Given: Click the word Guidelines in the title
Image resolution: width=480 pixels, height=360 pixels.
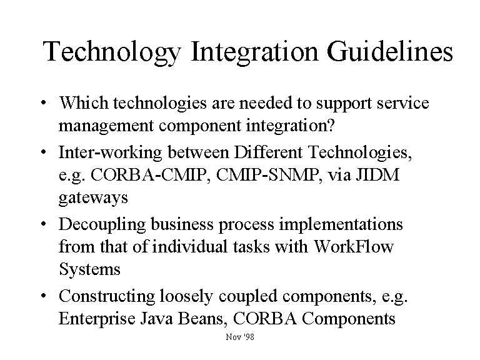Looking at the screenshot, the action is click(390, 51).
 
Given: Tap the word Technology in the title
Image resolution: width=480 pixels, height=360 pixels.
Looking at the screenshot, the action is click(112, 53).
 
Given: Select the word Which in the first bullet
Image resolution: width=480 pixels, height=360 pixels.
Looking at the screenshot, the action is click(84, 102).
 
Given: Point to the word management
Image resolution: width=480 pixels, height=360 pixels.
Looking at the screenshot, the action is click(106, 126).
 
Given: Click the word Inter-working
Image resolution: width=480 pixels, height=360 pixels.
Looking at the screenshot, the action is click(110, 152).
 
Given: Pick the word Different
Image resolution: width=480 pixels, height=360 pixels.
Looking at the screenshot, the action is click(268, 152).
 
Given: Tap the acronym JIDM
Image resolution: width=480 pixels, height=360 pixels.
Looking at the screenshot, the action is click(377, 175).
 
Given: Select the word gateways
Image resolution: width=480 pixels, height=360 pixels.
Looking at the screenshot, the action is click(93, 198).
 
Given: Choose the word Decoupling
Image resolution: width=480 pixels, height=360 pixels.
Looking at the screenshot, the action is click(102, 225).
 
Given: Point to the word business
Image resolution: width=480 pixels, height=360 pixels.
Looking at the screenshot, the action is click(182, 224).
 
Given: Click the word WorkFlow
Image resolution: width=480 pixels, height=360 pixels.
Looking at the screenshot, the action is click(354, 246).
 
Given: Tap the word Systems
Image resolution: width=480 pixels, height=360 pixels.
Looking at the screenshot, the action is click(89, 269).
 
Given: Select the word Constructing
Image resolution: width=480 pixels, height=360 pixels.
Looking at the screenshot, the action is click(106, 297).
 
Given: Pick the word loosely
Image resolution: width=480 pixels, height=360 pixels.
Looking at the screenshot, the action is click(186, 296).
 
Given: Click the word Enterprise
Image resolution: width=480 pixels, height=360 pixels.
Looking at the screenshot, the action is click(97, 319).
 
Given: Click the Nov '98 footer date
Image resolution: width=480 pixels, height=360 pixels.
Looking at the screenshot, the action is click(240, 337).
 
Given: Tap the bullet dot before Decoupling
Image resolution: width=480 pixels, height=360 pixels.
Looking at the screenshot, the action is click(44, 224).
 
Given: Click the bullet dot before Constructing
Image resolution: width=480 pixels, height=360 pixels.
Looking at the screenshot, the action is click(44, 296).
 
